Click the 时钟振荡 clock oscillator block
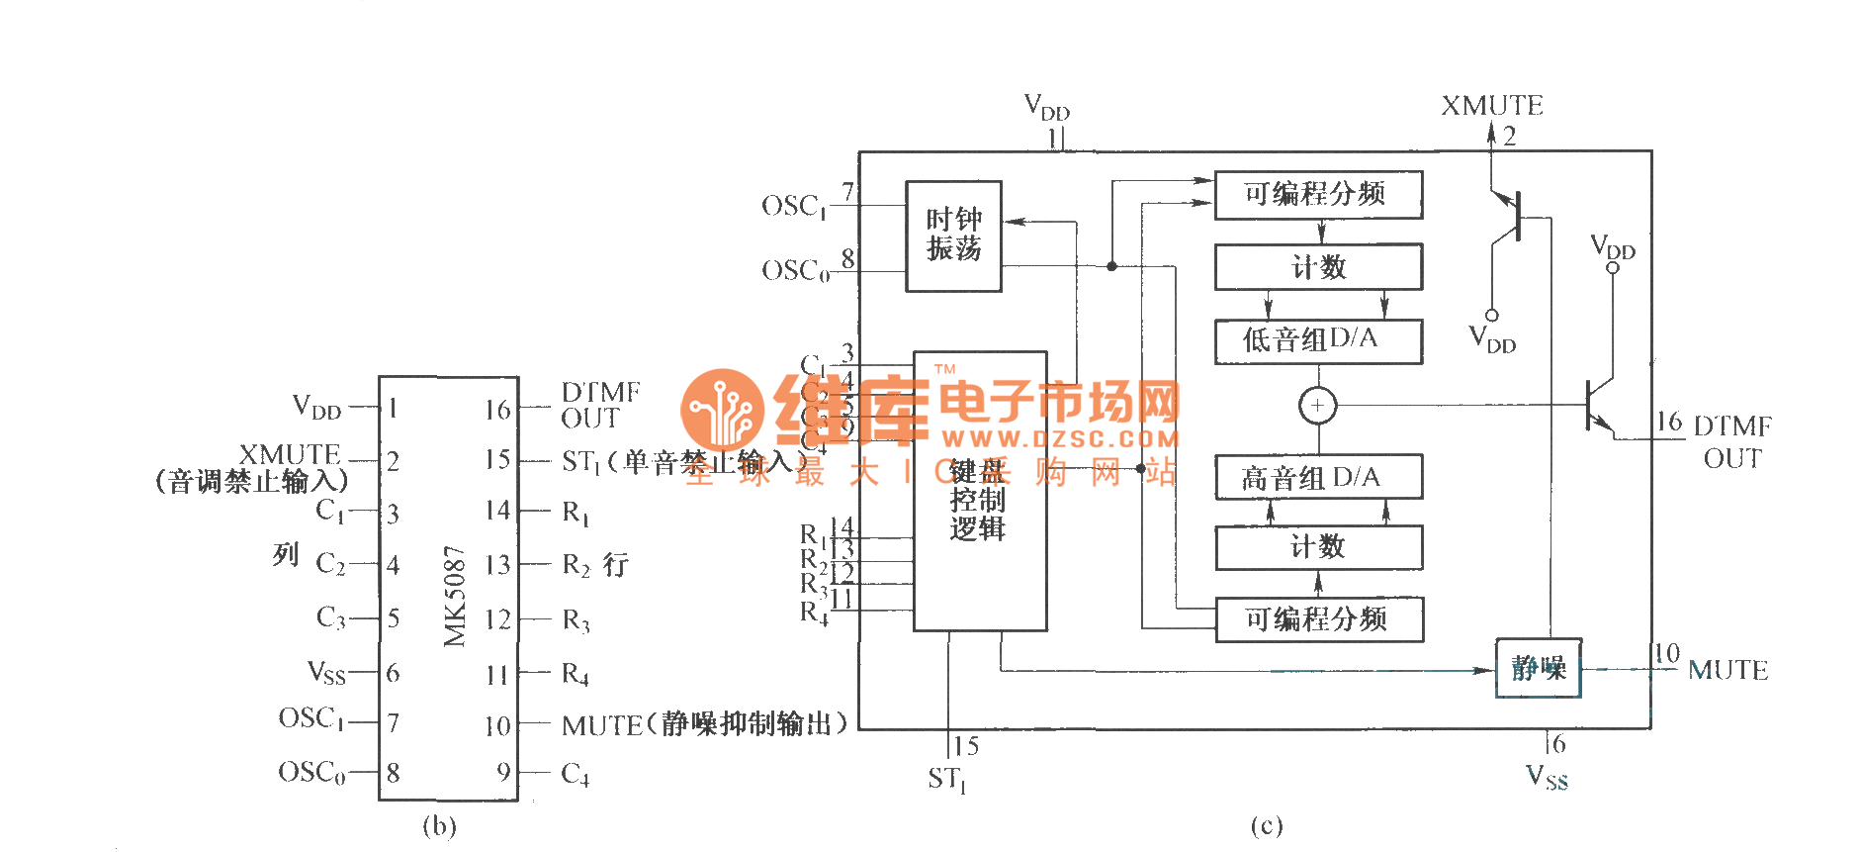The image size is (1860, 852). pos(953,236)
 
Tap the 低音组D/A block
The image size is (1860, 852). pos(1318,340)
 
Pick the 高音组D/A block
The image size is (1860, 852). pos(1318,478)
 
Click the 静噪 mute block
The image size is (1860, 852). pos(1538,669)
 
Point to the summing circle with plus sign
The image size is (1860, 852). pos(1317,406)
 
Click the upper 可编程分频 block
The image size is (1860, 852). pos(1318,194)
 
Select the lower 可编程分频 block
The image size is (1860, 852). pos(1318,619)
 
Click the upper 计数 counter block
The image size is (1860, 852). pos(1318,267)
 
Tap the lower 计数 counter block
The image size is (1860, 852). pos(1318,546)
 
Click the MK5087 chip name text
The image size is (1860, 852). pos(455,596)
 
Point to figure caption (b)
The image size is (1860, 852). pos(439,826)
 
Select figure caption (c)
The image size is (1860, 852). pos(1266,826)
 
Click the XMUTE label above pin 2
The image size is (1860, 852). pos(1491,106)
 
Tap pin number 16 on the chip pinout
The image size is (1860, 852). pos(497,410)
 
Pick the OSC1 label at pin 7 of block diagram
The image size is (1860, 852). pos(794,206)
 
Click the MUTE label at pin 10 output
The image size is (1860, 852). pos(1727,671)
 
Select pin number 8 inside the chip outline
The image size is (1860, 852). pos(394,773)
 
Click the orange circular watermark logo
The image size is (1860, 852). pos(723,410)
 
